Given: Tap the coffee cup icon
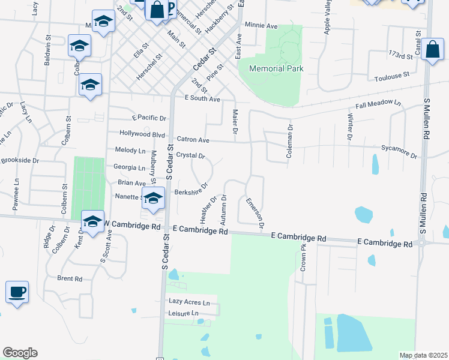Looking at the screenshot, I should [17, 292].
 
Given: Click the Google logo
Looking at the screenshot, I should [20, 353].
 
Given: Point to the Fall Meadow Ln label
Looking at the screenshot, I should [378, 104].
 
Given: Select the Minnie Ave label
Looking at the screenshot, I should [261, 26].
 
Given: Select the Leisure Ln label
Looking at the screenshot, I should [183, 313].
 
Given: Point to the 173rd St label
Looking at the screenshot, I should [402, 56].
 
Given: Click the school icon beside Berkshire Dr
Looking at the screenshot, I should [154, 198].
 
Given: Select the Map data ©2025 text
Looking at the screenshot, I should [423, 355].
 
